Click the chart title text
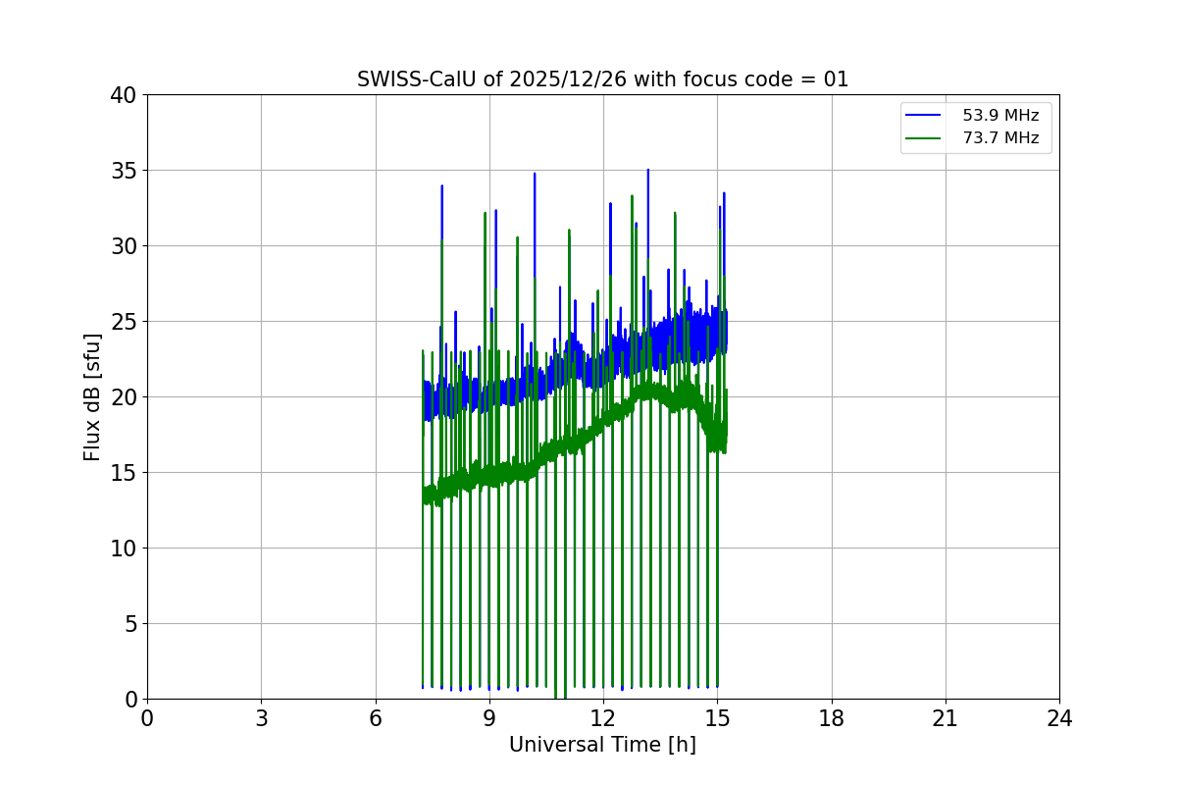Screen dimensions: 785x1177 point(602,79)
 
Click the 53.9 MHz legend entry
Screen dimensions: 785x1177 point(1000,116)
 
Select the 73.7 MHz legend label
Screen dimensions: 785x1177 point(1000,138)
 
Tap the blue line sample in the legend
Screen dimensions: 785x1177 point(924,116)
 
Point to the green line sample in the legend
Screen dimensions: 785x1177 point(924,138)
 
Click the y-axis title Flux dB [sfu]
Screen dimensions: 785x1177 point(92,396)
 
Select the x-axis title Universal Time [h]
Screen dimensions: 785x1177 point(602,745)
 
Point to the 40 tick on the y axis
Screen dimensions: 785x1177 point(123,95)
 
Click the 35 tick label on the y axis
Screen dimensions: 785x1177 point(123,171)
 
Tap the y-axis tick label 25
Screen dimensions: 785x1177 point(123,322)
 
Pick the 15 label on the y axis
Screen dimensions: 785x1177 point(123,473)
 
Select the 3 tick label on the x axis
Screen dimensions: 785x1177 point(261,718)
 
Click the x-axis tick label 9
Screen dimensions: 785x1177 point(489,718)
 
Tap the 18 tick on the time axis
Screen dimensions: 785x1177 point(832,718)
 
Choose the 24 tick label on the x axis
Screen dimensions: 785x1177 point(1059,718)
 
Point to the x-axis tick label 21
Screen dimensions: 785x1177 point(946,718)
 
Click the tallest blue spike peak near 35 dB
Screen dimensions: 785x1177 point(647,171)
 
